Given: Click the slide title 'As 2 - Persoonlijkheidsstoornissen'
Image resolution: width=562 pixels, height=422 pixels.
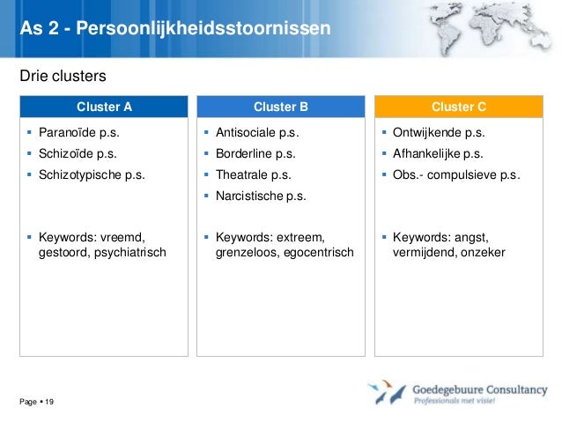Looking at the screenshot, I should [175, 29].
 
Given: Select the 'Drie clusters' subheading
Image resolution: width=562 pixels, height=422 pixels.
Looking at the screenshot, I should [56, 77].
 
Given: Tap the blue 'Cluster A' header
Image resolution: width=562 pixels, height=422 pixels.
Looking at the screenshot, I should [104, 107].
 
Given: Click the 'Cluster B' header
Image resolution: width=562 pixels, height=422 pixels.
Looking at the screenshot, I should [281, 107].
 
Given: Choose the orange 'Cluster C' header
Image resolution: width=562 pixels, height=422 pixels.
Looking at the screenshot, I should [458, 107].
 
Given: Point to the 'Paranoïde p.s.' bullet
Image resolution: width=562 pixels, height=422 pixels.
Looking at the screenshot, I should [78, 134].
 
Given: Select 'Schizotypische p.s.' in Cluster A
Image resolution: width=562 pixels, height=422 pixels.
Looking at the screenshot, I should [92, 174].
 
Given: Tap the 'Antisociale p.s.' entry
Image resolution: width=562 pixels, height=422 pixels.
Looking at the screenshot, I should [257, 134].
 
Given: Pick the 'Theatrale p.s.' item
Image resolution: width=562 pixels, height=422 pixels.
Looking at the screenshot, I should [253, 174].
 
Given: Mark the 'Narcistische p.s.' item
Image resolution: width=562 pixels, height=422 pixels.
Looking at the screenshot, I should [261, 196].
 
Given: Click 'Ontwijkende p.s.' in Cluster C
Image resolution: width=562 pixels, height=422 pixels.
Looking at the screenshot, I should [439, 134].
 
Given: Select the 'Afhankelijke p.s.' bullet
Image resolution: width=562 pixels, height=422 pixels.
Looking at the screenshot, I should [439, 154].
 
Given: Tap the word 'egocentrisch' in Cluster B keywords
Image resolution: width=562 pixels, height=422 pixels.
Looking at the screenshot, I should [317, 254].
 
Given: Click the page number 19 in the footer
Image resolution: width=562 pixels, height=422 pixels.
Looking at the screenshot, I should [49, 403].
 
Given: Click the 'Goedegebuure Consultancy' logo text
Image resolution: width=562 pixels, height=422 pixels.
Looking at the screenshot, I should [479, 389].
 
